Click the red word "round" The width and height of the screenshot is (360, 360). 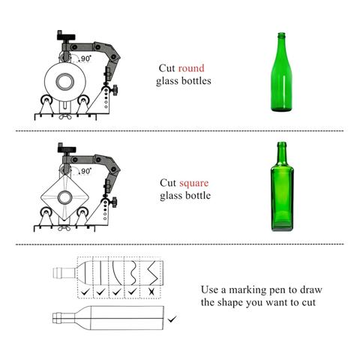click(191, 68)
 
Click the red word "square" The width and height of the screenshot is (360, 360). click(194, 184)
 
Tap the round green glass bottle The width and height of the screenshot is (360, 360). click(281, 72)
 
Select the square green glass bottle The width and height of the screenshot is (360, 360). click(282, 186)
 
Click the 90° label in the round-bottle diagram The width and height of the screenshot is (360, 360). click(85, 58)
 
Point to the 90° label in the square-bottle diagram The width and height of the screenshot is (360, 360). click(85, 171)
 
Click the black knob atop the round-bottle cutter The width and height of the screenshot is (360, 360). click(66, 36)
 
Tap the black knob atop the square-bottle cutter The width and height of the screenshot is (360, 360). click(67, 148)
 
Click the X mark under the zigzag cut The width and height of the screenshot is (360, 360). click(151, 292)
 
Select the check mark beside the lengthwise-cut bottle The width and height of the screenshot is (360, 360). click(172, 319)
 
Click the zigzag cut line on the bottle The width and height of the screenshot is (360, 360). click(152, 273)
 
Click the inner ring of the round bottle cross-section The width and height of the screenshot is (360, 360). click(65, 82)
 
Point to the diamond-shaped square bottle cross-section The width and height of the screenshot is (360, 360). click(64, 197)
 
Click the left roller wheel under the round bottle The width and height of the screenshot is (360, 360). click(46, 100)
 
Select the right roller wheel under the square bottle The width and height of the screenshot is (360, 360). click(82, 213)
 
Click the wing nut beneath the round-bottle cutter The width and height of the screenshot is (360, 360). click(65, 117)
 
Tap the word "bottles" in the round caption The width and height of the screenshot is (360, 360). click(196, 81)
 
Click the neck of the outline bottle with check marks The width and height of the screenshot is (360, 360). click(64, 273)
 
